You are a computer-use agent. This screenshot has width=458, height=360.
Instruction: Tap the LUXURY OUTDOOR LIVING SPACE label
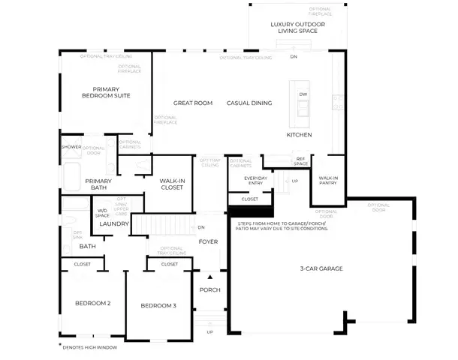pyautogui.click(x=297, y=28)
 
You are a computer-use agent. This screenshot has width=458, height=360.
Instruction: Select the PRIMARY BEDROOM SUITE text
pyautogui.click(x=106, y=91)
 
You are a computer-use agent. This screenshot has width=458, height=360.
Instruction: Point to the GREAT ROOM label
pyautogui.click(x=193, y=103)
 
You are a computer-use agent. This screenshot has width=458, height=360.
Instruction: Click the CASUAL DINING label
pyautogui.click(x=249, y=103)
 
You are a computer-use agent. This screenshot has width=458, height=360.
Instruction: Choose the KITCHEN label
pyautogui.click(x=299, y=134)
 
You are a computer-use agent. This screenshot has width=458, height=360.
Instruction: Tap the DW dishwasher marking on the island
pyautogui.click(x=303, y=94)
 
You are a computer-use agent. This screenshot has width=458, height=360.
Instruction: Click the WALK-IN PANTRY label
pyautogui.click(x=328, y=181)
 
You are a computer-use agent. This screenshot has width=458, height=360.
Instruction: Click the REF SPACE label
pyautogui.click(x=300, y=160)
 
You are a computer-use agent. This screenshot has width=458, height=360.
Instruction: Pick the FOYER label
pyautogui.click(x=207, y=242)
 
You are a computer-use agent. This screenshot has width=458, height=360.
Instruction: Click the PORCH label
pyautogui.click(x=208, y=290)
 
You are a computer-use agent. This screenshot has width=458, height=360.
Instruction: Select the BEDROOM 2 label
pyautogui.click(x=93, y=304)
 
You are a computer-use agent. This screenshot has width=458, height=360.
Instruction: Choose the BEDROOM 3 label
pyautogui.click(x=158, y=306)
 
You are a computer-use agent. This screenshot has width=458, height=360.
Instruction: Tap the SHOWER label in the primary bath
pyautogui.click(x=71, y=147)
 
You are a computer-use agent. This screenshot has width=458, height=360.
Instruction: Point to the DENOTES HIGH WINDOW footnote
pyautogui.click(x=89, y=347)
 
